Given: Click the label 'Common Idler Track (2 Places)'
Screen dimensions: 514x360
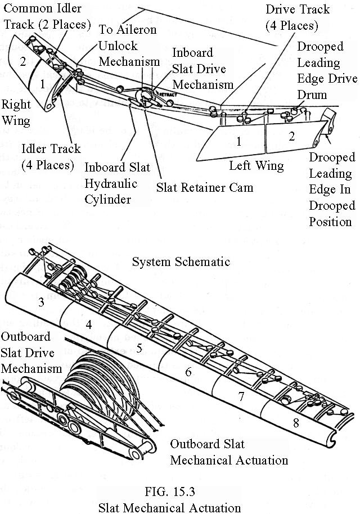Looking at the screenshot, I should pyautogui.click(x=46, y=16).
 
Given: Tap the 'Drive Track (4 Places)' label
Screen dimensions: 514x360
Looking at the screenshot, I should pyautogui.click(x=297, y=17).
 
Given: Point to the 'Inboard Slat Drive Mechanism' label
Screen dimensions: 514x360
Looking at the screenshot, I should pyautogui.click(x=202, y=69).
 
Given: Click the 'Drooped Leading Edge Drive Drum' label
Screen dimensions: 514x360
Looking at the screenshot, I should pyautogui.click(x=319, y=70).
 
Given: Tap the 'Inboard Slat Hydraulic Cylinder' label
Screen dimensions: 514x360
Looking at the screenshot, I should pyautogui.click(x=115, y=183).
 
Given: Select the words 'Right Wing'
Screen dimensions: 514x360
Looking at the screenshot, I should pyautogui.click(x=16, y=112).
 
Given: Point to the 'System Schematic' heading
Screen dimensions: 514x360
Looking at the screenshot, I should pyautogui.click(x=181, y=261).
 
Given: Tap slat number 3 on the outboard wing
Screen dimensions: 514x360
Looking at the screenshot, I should pyautogui.click(x=42, y=303).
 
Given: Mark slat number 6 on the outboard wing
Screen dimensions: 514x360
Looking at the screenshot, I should pyautogui.click(x=188, y=371).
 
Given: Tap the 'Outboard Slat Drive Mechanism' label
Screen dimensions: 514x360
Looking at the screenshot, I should pyautogui.click(x=28, y=353).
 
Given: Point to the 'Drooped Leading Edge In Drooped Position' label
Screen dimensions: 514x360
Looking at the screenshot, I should pyautogui.click(x=332, y=189).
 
